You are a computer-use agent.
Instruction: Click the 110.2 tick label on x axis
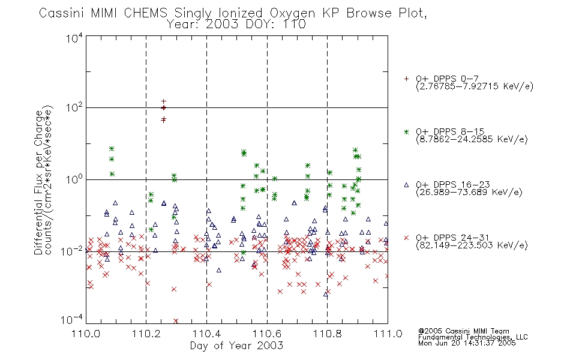(x=146, y=334)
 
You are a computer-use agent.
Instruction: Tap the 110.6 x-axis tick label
(x=267, y=334)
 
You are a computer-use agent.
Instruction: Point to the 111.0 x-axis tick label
(x=388, y=334)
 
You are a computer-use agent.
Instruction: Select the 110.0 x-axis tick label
(x=86, y=334)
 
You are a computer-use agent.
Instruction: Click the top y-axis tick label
(x=74, y=38)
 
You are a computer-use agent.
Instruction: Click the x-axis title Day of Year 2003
(x=236, y=346)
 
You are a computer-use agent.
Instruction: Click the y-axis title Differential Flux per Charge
(x=38, y=182)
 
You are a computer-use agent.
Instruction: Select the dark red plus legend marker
(x=406, y=79)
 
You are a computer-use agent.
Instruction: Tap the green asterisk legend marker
(x=406, y=131)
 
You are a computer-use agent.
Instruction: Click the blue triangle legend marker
(x=406, y=185)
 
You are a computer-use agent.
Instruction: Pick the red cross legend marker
(x=406, y=238)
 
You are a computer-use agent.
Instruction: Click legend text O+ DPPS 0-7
(x=447, y=79)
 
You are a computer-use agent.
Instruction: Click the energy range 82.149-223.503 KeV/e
(x=472, y=245)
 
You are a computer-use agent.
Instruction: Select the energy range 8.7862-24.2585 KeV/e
(x=472, y=139)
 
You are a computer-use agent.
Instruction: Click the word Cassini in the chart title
(x=61, y=13)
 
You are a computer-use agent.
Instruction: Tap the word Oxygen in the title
(x=292, y=14)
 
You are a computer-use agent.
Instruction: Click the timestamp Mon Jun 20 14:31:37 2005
(x=467, y=343)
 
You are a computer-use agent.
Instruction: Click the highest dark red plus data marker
(x=164, y=101)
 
